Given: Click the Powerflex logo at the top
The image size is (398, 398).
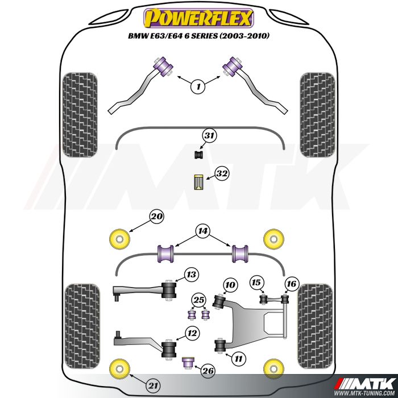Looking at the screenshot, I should pyautogui.click(x=198, y=18).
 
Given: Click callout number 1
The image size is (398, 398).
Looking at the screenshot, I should pyautogui.click(x=198, y=87).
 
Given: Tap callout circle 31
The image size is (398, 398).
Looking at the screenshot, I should pyautogui.click(x=210, y=136).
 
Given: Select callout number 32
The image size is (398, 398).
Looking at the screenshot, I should pyautogui.click(x=221, y=175).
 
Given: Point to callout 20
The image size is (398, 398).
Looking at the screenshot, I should pyautogui.click(x=156, y=217).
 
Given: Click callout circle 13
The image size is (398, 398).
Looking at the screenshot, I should pyautogui.click(x=191, y=275).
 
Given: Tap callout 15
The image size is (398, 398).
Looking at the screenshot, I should pyautogui.click(x=257, y=283).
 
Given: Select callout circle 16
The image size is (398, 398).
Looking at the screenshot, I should pyautogui.click(x=291, y=284).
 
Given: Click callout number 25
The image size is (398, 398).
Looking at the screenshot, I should pyautogui.click(x=198, y=300).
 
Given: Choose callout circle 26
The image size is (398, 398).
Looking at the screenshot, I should pyautogui.click(x=208, y=371).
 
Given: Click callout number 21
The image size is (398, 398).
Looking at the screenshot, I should pyautogui.click(x=152, y=385).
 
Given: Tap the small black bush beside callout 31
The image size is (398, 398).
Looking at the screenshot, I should pyautogui.click(x=199, y=155).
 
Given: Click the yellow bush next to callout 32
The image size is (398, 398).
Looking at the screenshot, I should pyautogui.click(x=199, y=181).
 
